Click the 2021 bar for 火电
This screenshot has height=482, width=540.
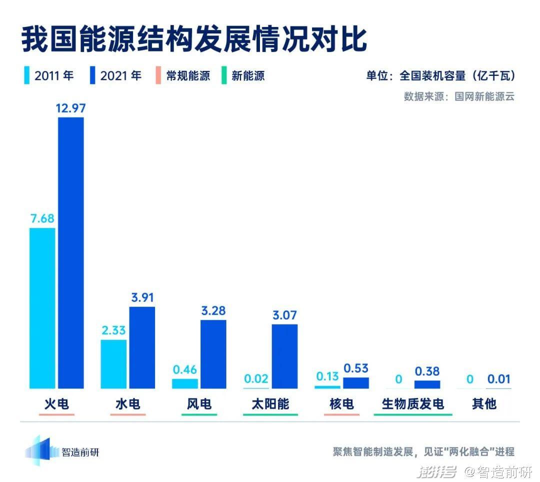pos(71,253)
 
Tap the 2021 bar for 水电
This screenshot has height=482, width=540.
pos(142,348)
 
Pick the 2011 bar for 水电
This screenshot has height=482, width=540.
pos(113,364)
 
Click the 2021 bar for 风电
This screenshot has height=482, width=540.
pos(213,354)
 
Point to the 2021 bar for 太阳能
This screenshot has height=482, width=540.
pos(284,356)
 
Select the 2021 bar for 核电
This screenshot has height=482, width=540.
pos(356,383)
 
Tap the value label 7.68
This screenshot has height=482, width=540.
pos(42,218)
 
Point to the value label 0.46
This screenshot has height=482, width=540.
pos(185,370)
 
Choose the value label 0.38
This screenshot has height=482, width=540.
pos(427,371)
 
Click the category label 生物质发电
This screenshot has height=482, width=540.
pos(413,404)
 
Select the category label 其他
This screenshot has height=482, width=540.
pos(484,404)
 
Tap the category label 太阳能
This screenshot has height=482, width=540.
pos(270,404)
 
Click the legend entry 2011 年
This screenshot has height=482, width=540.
pos(49,76)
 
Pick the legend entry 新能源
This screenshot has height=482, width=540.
pos(243,76)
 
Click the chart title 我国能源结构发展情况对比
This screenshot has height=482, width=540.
pos(194,39)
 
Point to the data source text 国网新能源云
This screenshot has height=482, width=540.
pos(484,96)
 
